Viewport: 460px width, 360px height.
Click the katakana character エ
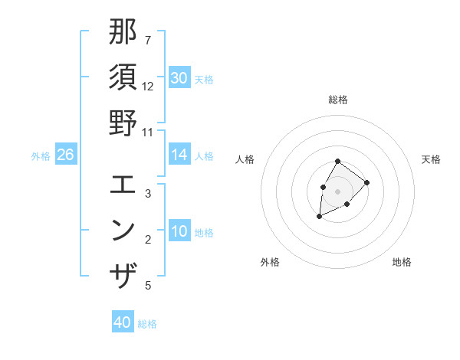[123, 185]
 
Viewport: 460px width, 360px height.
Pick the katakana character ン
[123, 230]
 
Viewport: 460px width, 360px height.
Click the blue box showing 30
[179, 78]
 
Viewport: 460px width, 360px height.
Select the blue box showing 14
[179, 155]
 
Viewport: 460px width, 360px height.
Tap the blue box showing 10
[179, 231]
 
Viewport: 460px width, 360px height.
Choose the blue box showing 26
[65, 155]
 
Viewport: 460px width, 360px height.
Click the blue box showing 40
[123, 322]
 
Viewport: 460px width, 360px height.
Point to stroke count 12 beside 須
[148, 87]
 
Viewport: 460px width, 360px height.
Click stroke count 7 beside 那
[147, 40]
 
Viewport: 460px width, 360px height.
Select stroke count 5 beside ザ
[148, 286]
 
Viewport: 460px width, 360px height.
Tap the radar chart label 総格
[337, 100]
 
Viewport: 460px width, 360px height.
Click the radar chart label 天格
[431, 159]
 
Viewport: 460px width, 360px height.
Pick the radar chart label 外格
[270, 262]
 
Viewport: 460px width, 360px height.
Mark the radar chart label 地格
[402, 262]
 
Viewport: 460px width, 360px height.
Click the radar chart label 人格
[245, 159]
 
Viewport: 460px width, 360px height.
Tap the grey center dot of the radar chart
[337, 191]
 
